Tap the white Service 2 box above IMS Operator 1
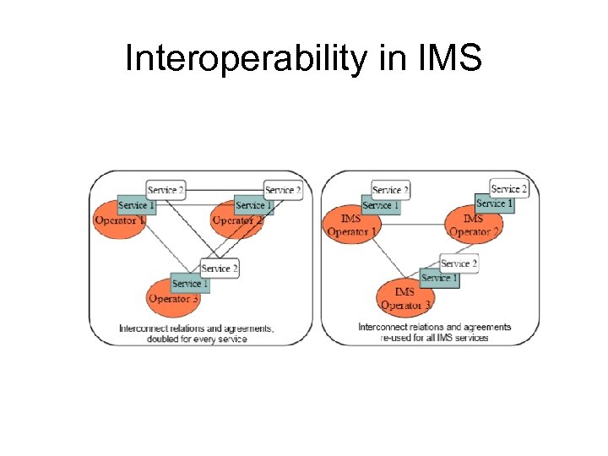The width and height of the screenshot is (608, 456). (390, 190)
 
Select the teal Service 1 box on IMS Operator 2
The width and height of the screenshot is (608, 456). (494, 204)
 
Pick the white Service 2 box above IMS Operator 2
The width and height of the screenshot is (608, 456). (508, 188)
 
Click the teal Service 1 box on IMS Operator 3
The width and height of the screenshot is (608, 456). (439, 278)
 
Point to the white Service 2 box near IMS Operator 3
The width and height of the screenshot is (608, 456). (459, 263)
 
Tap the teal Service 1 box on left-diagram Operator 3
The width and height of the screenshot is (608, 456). (189, 284)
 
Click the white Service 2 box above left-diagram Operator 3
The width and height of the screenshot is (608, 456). (220, 269)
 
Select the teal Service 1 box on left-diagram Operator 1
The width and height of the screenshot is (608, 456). (136, 205)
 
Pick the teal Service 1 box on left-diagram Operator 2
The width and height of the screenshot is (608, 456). (254, 205)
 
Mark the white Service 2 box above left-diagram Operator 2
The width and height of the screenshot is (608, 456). (283, 191)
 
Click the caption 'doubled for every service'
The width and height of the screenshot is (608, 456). (197, 339)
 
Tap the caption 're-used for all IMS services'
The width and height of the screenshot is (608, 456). (435, 338)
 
